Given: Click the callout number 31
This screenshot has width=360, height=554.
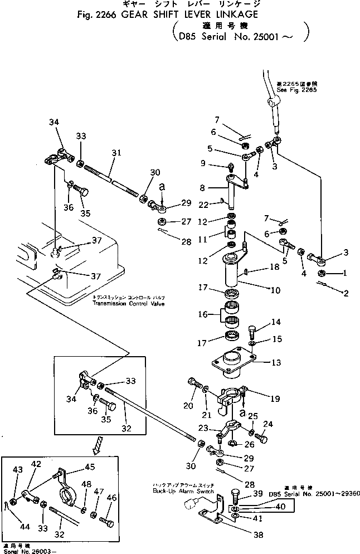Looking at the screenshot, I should click(x=115, y=152).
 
